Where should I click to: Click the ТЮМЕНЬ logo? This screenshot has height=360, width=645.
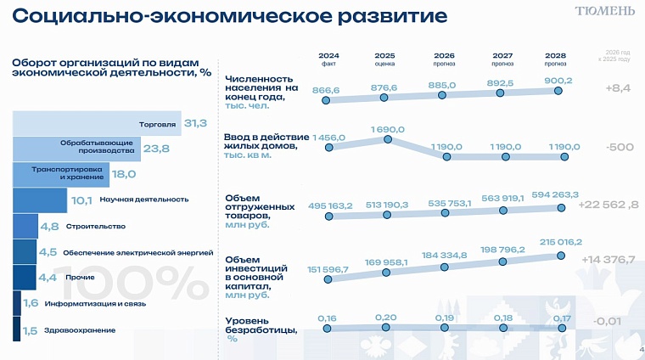pyautogui.click(x=604, y=11)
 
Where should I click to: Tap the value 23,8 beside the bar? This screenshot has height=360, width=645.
pyautogui.click(x=155, y=149)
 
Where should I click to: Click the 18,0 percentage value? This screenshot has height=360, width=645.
pyautogui.click(x=125, y=174)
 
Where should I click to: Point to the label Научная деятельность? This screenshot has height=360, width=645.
pyautogui.click(x=143, y=200)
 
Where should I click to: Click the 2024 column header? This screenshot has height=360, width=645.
pyautogui.click(x=328, y=56)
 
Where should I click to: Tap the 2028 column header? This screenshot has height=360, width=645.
pyautogui.click(x=556, y=56)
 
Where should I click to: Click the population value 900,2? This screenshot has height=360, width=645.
pyautogui.click(x=558, y=81)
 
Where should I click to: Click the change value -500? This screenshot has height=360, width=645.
pyautogui.click(x=620, y=146)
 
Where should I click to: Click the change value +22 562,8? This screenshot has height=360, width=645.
pyautogui.click(x=609, y=205)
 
